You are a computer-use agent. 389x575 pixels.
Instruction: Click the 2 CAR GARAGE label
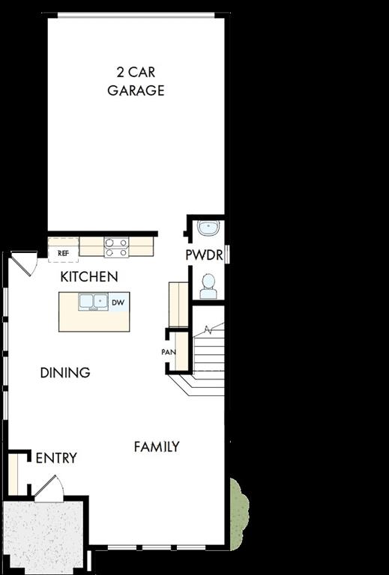136,82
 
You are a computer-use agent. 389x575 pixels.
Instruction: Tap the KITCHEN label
89,277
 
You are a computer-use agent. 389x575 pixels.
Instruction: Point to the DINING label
65,372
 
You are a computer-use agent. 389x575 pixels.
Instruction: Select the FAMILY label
157,447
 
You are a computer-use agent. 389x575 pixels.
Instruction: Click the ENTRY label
56,458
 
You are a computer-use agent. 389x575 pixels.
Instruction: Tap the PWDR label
204,255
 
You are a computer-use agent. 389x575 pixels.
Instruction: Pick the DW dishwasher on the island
118,302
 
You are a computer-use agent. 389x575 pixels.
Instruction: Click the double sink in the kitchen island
92,302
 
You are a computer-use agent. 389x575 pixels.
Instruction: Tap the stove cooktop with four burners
115,247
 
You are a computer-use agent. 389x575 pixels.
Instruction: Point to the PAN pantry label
169,352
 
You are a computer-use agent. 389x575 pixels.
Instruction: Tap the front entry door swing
49,489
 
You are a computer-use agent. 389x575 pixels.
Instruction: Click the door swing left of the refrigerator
22,263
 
